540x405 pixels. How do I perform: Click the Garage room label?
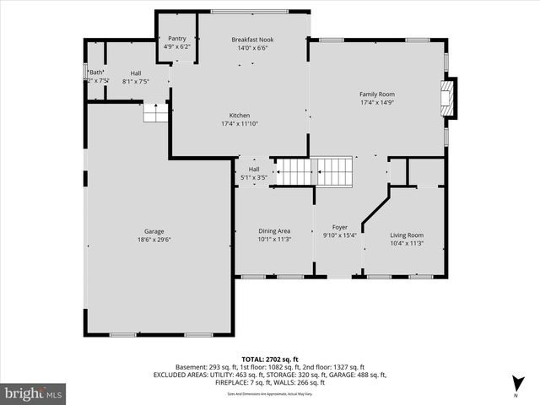(154, 231)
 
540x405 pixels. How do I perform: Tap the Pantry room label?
(176, 39)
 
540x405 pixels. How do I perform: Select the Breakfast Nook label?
(253, 40)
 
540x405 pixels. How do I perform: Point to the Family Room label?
(377, 94)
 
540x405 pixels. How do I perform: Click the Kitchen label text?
(240, 116)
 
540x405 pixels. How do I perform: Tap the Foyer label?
(340, 227)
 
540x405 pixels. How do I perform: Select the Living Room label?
(407, 235)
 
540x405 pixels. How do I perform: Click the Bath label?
(97, 73)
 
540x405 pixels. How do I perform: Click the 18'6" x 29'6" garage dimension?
(154, 240)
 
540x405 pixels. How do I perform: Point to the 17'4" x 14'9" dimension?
(377, 103)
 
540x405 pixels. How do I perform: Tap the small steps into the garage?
(155, 112)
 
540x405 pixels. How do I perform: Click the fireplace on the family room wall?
(451, 96)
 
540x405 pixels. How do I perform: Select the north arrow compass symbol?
(516, 387)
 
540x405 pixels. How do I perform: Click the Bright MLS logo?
(34, 393)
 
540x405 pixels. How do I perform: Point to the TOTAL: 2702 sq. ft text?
(270, 359)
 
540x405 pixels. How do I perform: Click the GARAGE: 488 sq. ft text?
(359, 375)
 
